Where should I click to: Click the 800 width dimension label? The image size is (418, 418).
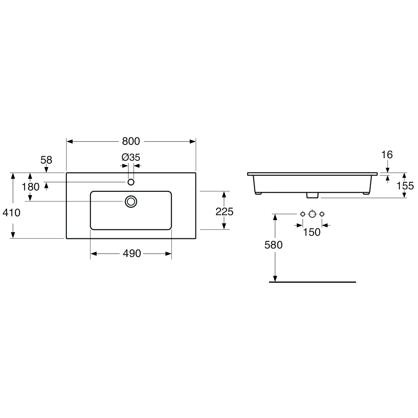point(131,141)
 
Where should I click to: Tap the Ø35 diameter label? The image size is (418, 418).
point(131,157)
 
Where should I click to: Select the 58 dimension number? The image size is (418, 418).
point(46,160)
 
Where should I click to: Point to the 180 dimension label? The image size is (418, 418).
point(31,187)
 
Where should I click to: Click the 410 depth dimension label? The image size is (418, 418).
point(11,213)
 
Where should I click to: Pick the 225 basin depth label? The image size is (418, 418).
point(224,212)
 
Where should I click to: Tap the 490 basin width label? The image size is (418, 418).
point(132,253)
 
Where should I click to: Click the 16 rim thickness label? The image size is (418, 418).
point(387,155)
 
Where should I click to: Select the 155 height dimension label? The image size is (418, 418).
point(405,186)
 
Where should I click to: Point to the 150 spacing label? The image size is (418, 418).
point(311,233)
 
